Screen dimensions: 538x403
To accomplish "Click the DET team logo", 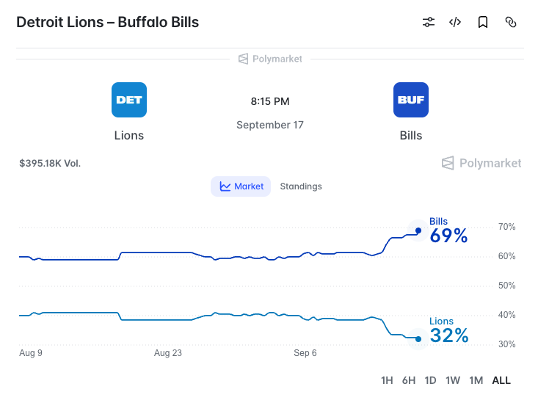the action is click(129, 100).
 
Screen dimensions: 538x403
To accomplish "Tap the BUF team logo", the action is click(411, 100).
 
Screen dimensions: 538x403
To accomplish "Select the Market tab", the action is click(241, 186).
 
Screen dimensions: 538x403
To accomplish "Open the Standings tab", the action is click(301, 186).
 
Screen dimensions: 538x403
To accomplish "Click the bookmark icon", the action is click(483, 22).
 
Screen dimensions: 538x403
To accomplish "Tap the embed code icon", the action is click(455, 22).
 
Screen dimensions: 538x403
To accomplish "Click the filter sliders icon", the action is click(429, 22).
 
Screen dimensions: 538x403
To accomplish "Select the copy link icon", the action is click(511, 22).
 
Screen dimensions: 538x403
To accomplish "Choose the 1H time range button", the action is click(387, 380).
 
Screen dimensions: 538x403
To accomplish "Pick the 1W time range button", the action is click(453, 380).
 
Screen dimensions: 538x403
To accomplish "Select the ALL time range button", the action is click(501, 380).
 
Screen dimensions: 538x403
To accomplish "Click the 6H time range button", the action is click(409, 380).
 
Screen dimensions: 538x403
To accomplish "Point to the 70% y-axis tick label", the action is click(506, 227).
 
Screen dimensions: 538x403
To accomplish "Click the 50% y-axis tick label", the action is click(506, 286).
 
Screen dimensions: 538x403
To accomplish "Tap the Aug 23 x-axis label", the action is click(168, 353).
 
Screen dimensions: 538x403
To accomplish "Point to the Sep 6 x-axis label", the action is click(305, 353).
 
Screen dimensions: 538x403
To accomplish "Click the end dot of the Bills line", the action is click(418, 230).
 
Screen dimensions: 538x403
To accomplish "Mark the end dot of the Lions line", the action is click(418, 339).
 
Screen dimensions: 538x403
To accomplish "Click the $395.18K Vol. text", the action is click(50, 164).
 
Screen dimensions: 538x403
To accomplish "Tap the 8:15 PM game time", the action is click(270, 101).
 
